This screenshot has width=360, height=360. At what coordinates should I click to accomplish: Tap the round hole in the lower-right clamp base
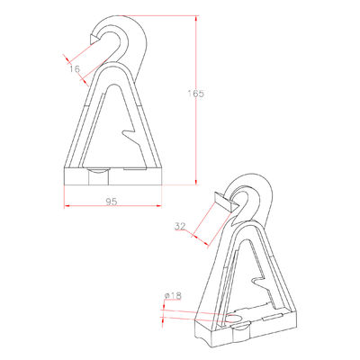[235, 319]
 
